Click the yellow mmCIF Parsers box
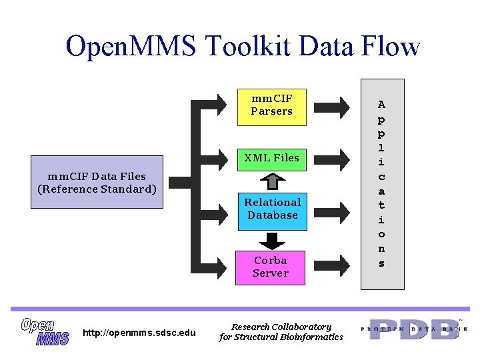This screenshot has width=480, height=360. (x=271, y=105)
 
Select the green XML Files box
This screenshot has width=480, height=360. (x=271, y=158)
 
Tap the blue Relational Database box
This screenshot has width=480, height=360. (x=272, y=209)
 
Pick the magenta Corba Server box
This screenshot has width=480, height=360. (x=271, y=267)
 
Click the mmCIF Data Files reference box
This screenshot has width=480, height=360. (x=97, y=183)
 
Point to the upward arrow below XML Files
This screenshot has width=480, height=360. (x=271, y=181)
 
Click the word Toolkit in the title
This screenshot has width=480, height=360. (x=248, y=47)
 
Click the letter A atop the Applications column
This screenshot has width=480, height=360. (x=381, y=105)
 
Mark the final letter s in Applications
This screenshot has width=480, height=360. (x=381, y=263)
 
